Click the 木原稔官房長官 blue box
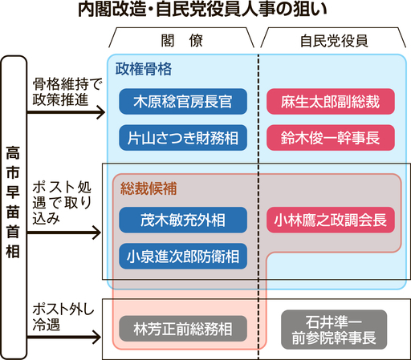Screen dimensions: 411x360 tap(183, 102)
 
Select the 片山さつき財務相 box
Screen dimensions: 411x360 tap(183, 138)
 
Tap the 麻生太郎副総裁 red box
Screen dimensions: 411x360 tap(331, 102)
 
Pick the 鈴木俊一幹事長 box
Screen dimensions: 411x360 tap(331, 138)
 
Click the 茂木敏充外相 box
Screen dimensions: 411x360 tap(183, 220)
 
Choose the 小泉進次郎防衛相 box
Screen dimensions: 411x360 tap(183, 256)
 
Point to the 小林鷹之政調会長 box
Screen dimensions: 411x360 tap(331, 220)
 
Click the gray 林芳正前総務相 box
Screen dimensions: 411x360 tap(183, 329)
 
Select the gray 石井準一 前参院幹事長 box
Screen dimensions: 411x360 tap(334, 330)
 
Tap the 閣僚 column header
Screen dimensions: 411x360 tap(182, 41)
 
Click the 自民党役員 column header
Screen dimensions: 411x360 tap(334, 41)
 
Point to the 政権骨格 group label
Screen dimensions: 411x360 tap(144, 69)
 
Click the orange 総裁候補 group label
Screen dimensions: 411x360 tap(149, 188)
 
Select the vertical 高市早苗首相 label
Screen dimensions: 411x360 tap(13, 202)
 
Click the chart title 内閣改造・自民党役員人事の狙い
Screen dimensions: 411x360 tap(202, 10)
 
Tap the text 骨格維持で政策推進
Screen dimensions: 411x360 tap(67, 92)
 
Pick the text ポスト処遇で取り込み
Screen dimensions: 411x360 tap(62, 203)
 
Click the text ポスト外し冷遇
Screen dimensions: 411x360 tap(63, 318)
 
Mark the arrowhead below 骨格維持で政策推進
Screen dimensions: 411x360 tap(100, 112)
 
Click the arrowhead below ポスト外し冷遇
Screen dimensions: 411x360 tap(96, 337)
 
